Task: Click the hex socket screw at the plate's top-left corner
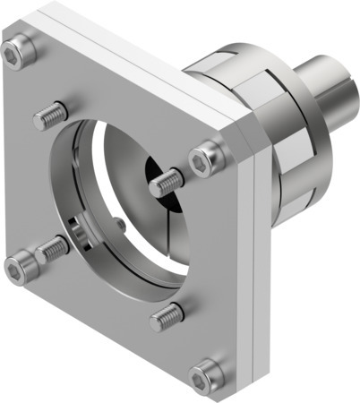point(18,56)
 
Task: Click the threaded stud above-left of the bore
point(51,115)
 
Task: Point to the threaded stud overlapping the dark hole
point(167,184)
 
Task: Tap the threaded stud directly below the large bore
point(167,314)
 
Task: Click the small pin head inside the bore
point(120,224)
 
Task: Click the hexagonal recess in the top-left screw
point(15,56)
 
